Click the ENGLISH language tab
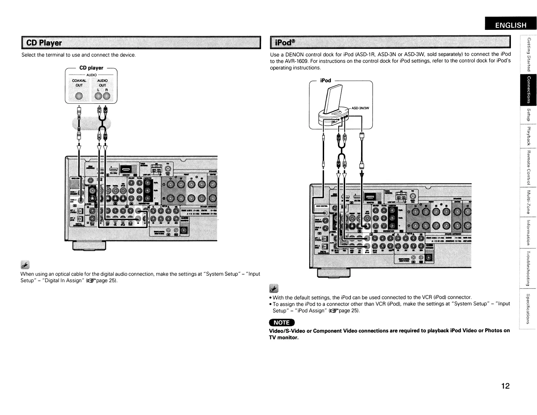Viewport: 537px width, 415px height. [511, 25]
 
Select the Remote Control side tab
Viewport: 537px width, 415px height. [528, 167]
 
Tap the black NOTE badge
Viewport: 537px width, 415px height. [282, 322]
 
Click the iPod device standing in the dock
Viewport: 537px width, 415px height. [331, 100]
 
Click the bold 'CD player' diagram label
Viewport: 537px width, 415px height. [91, 68]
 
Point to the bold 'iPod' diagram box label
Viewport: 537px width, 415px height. [325, 80]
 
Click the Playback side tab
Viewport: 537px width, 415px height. [528, 136]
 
